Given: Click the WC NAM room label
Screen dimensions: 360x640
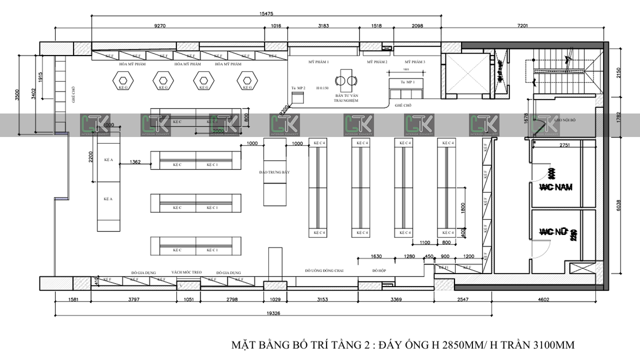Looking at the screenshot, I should pyautogui.click(x=555, y=187).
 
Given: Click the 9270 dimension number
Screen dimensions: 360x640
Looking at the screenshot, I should pyautogui.click(x=160, y=25).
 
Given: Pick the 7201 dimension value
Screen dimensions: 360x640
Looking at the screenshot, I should pyautogui.click(x=522, y=25).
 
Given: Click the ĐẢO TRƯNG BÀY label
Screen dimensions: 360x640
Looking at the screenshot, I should pyautogui.click(x=274, y=172).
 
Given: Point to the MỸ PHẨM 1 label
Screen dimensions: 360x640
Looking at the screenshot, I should pyautogui.click(x=318, y=62).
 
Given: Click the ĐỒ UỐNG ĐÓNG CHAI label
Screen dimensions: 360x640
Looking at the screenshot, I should pyautogui.click(x=324, y=270).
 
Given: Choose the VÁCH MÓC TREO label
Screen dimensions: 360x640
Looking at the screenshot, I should pyautogui.click(x=186, y=272).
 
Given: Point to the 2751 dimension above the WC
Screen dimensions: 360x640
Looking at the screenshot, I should pyautogui.click(x=565, y=145).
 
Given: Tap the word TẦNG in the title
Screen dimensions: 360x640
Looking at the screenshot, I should pyautogui.click(x=344, y=345).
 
